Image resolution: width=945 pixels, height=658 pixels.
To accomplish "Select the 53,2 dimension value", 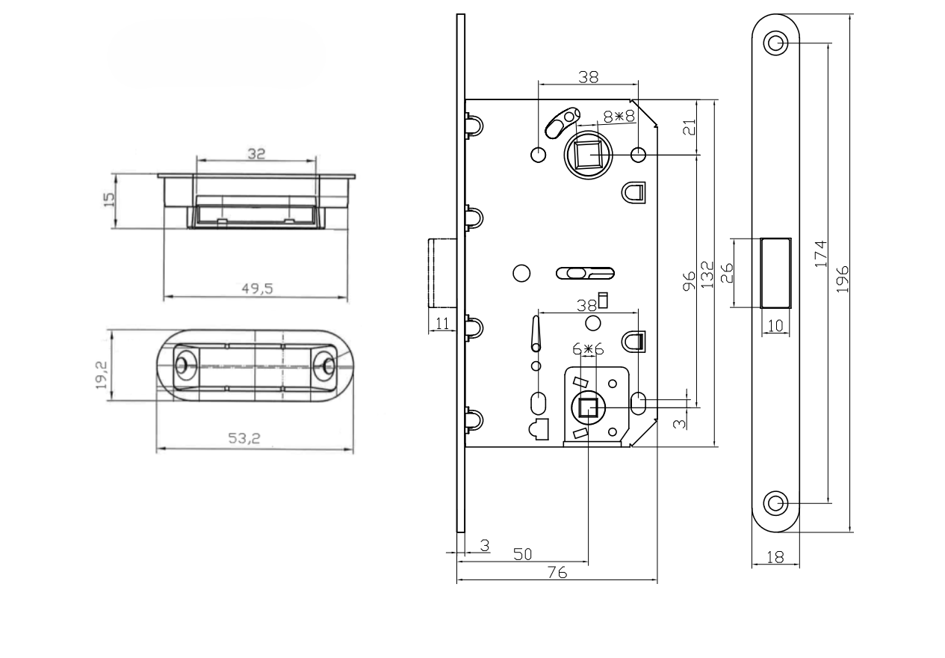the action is pos(244,439).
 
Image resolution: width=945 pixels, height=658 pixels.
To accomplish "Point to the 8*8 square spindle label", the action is pos(619,117).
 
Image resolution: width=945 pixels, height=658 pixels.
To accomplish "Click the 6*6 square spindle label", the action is pos(588,349).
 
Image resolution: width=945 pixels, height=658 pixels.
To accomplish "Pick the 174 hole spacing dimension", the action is pos(819,254).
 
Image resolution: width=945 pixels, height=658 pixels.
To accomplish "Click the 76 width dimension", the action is pos(557,573).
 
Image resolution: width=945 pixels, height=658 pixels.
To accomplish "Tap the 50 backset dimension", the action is pos(522,553).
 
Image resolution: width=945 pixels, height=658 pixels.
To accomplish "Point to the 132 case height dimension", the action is pos(707,274).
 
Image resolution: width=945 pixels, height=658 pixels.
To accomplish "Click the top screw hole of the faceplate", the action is pos(776,43).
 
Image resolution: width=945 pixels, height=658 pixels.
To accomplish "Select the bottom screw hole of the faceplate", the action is pos(776,502).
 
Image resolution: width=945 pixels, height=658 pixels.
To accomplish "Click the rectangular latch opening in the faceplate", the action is pos(775,272).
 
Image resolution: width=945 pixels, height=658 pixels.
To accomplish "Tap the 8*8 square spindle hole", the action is pos(589,155).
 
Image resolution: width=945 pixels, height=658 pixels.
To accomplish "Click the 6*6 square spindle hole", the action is pos(587,408).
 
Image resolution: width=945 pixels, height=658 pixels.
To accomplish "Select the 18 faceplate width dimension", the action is pos(775,557).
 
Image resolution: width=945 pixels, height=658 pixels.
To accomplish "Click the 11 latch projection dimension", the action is pos(441,323).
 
